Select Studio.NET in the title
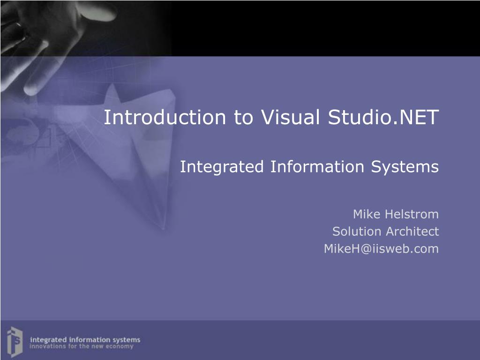click(383, 117)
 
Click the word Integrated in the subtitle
click(223, 167)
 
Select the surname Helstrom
click(412, 215)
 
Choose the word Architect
click(412, 232)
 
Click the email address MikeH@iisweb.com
click(381, 249)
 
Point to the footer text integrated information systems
click(85, 339)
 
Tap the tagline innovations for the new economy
click(82, 347)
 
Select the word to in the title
click(243, 117)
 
